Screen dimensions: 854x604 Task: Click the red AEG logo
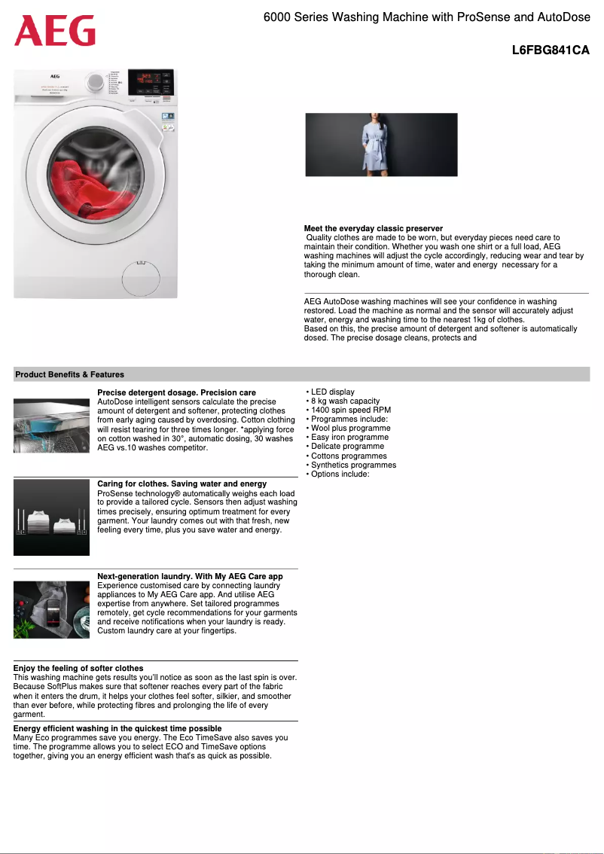click(54, 31)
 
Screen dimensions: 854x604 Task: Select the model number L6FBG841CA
click(550, 50)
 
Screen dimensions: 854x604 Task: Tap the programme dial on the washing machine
click(96, 82)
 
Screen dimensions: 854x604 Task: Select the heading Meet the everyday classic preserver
click(373, 228)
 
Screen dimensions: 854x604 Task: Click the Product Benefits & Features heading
click(69, 374)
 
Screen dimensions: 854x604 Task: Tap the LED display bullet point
click(332, 392)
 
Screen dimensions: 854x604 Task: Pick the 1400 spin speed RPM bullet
click(350, 410)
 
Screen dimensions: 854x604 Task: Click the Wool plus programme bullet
click(350, 429)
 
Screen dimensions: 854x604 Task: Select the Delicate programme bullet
click(347, 447)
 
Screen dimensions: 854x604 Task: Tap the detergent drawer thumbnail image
click(51, 425)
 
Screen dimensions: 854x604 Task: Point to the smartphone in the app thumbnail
click(53, 609)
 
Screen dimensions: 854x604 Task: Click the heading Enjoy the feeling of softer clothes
click(78, 668)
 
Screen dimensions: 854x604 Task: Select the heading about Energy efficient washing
click(117, 728)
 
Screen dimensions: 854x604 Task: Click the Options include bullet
click(340, 474)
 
